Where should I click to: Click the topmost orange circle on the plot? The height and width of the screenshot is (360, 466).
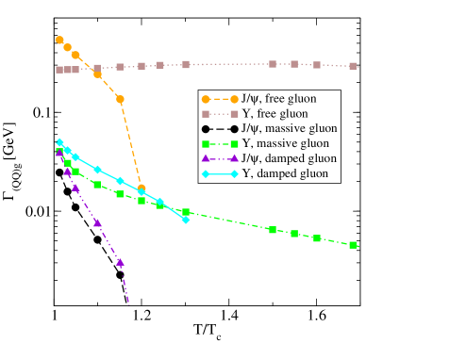tap(59, 40)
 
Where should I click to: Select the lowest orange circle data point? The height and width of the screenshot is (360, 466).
tap(141, 188)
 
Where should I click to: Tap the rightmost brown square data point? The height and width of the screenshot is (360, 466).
tap(353, 66)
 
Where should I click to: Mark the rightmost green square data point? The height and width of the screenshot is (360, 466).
tap(353, 245)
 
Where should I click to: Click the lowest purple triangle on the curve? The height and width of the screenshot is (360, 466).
tap(120, 262)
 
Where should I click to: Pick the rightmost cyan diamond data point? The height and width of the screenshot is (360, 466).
tap(186, 220)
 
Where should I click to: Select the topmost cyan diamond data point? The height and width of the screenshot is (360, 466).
tap(59, 142)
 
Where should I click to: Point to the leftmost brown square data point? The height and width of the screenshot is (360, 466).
tap(59, 70)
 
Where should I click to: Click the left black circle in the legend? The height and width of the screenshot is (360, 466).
tap(205, 128)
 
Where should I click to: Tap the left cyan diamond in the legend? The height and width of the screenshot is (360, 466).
tap(205, 173)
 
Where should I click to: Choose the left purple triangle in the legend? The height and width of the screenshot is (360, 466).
tap(205, 158)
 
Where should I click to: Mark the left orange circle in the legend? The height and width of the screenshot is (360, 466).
tap(205, 99)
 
